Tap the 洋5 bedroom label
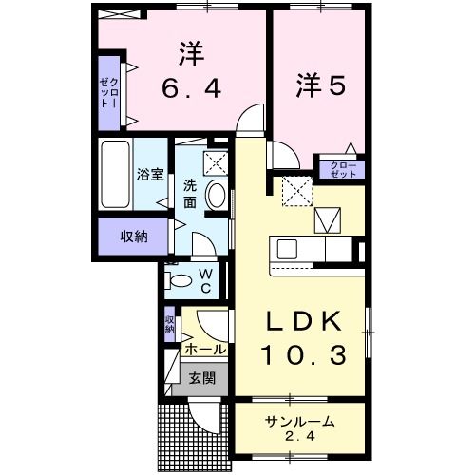pyautogui.click(x=320, y=85)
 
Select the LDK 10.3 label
pyautogui.click(x=303, y=337)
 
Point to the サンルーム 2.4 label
pyautogui.click(x=300, y=428)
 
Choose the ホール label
pyautogui.click(x=205, y=350)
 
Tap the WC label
pyautogui.click(x=206, y=280)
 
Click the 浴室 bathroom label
pyautogui.click(x=150, y=174)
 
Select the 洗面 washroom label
pyautogui.click(x=190, y=194)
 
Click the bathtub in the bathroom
pyautogui.click(x=115, y=174)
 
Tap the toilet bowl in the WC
pyautogui.click(x=180, y=280)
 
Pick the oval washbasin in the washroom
pyautogui.click(x=217, y=195)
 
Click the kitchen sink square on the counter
pyautogui.click(x=287, y=249)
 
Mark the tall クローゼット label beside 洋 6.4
pyautogui.click(x=109, y=92)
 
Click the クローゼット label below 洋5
pyautogui.click(x=343, y=169)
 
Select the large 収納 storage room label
pyautogui.click(x=134, y=237)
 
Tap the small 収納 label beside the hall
pyautogui.click(x=170, y=324)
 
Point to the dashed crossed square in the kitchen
pyautogui.click(x=297, y=192)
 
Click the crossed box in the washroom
pyautogui.click(x=216, y=163)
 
